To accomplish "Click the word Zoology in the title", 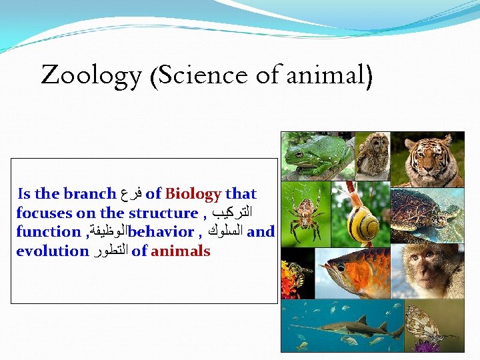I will point(91,75).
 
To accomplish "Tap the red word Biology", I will point(193,194).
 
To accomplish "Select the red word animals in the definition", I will point(181,251).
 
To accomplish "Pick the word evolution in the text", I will point(52,251).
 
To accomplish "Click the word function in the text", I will point(47,232).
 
